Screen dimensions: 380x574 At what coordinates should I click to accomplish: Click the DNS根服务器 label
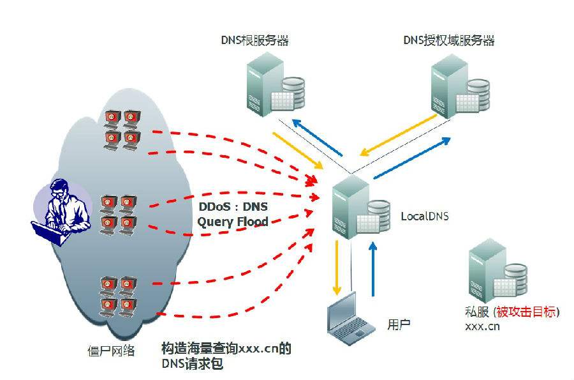pyautogui.click(x=251, y=41)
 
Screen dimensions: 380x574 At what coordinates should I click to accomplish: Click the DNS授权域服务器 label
pyautogui.click(x=449, y=41)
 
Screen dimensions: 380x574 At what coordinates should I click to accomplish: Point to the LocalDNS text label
pyautogui.click(x=424, y=217)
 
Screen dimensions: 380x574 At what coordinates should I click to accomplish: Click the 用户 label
pyautogui.click(x=399, y=324)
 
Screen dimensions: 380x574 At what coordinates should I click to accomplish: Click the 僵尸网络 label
pyautogui.click(x=111, y=350)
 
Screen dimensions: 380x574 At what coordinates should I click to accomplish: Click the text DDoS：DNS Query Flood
pyautogui.click(x=232, y=215)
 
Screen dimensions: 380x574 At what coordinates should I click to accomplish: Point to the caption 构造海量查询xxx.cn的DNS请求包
pyautogui.click(x=226, y=356)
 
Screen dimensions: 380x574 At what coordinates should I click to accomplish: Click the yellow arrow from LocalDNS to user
pyautogui.click(x=336, y=268)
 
